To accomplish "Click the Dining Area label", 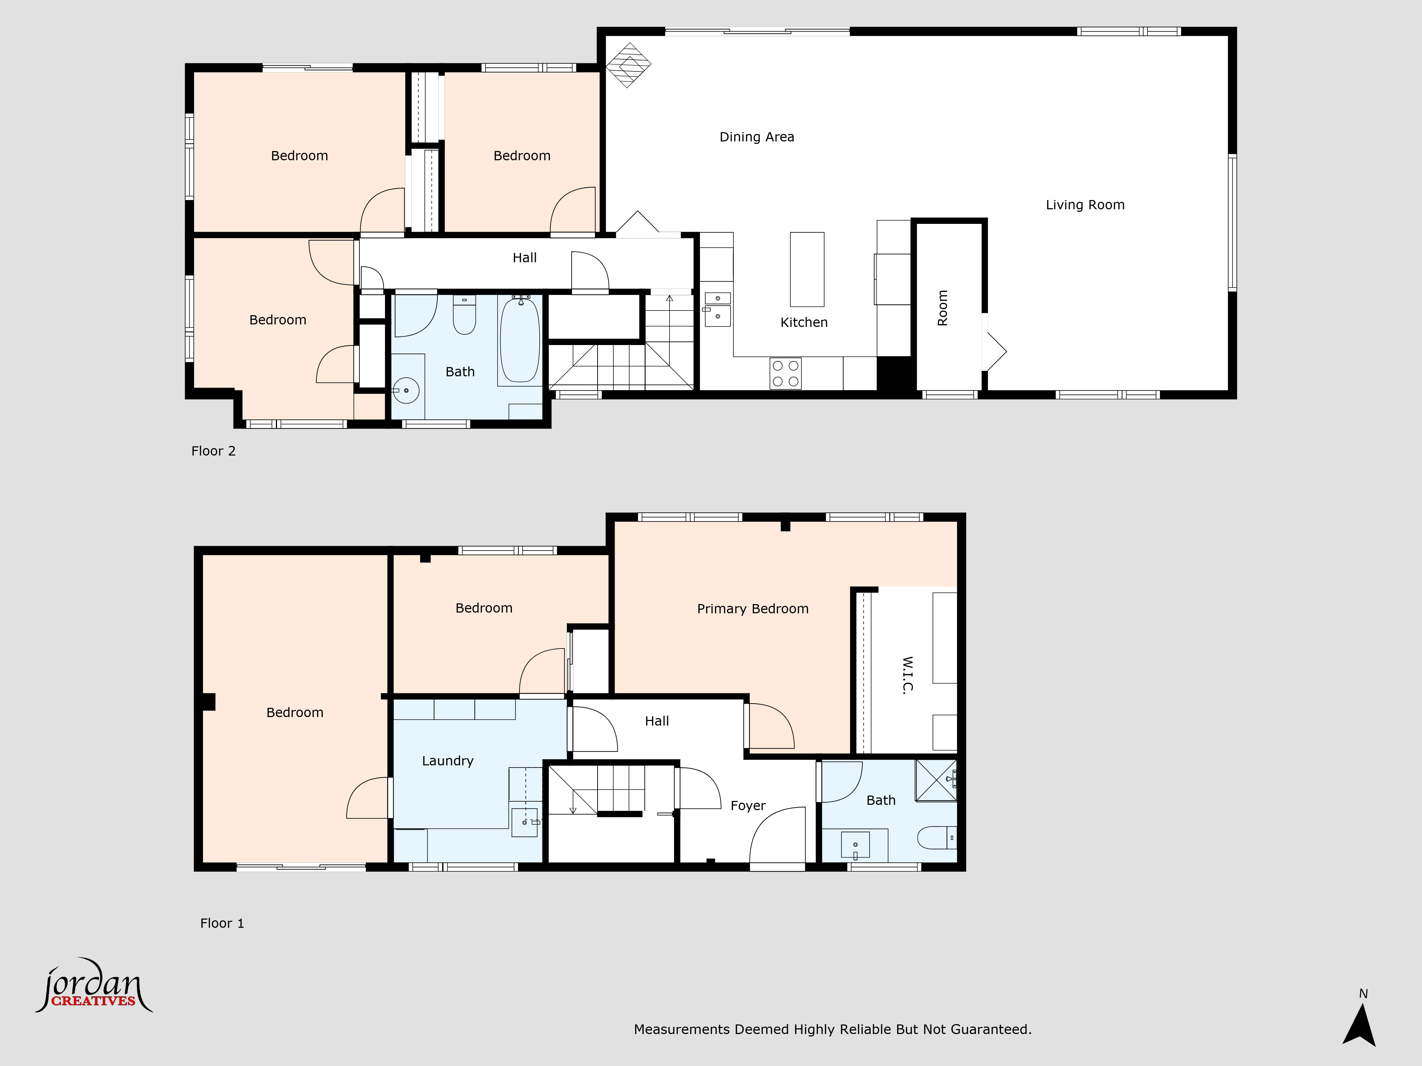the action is click(x=757, y=137).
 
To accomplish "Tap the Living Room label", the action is click(x=1085, y=205).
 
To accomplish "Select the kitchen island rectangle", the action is click(x=807, y=269).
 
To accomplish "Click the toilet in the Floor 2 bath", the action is click(x=464, y=315).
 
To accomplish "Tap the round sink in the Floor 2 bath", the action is click(x=406, y=390).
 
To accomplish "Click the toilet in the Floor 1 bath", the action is click(x=937, y=838).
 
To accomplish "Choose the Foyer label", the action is click(x=748, y=806).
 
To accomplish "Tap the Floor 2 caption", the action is click(x=213, y=451).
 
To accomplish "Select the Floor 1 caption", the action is click(x=222, y=924).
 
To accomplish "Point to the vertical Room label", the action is click(x=942, y=308).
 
